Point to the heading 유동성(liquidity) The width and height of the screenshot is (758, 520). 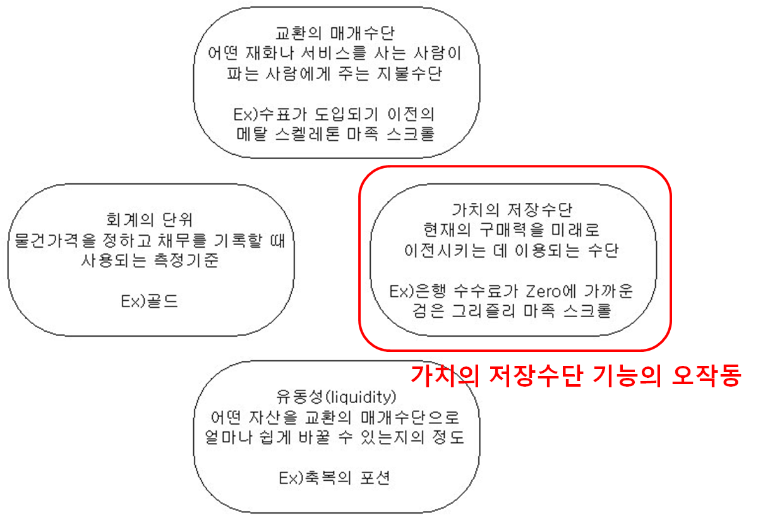(336, 397)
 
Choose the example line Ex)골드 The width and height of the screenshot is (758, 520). (149, 301)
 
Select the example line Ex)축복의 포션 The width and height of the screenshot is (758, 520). (335, 477)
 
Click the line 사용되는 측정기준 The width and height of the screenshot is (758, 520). (150, 260)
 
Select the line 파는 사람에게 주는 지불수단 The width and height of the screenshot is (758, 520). (335, 73)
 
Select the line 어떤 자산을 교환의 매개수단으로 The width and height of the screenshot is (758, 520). (336, 417)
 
